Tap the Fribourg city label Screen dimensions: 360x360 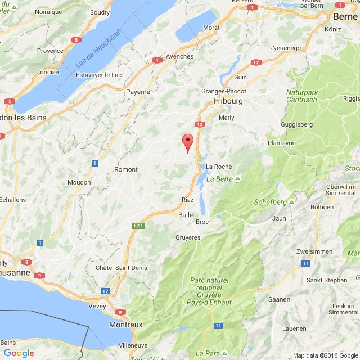click(x=227, y=101)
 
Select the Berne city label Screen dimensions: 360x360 click(x=345, y=16)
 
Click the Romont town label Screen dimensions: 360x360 click(x=125, y=169)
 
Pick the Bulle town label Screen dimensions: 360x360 click(x=185, y=214)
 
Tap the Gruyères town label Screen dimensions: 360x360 click(x=187, y=237)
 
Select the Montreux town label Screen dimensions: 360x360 click(x=127, y=325)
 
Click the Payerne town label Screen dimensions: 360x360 click(x=138, y=91)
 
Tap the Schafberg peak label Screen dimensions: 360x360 click(x=275, y=201)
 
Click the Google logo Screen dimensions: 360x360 click(x=19, y=353)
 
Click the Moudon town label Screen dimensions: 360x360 click(x=79, y=182)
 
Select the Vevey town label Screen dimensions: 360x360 click(x=97, y=307)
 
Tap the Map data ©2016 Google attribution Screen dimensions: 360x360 click(x=325, y=355)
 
